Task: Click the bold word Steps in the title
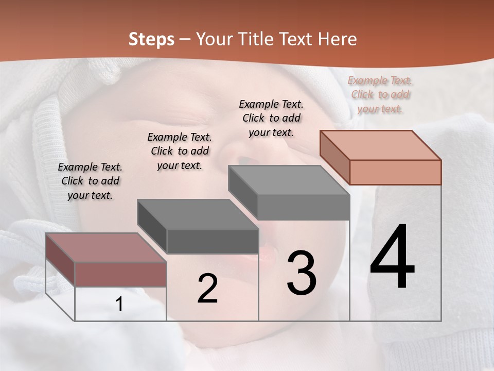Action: click(x=151, y=39)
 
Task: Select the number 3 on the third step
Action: click(x=302, y=273)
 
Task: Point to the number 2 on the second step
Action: click(x=207, y=289)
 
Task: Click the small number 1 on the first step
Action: click(x=119, y=305)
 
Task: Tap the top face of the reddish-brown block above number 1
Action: click(x=106, y=248)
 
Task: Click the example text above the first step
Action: click(x=90, y=181)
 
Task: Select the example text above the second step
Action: click(x=180, y=151)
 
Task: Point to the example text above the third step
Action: click(x=271, y=118)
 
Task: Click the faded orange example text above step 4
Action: click(x=380, y=94)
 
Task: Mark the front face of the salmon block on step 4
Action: click(x=395, y=172)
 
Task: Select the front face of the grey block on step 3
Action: click(x=304, y=207)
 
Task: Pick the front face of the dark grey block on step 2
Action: click(x=213, y=241)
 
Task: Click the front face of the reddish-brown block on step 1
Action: click(x=120, y=274)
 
